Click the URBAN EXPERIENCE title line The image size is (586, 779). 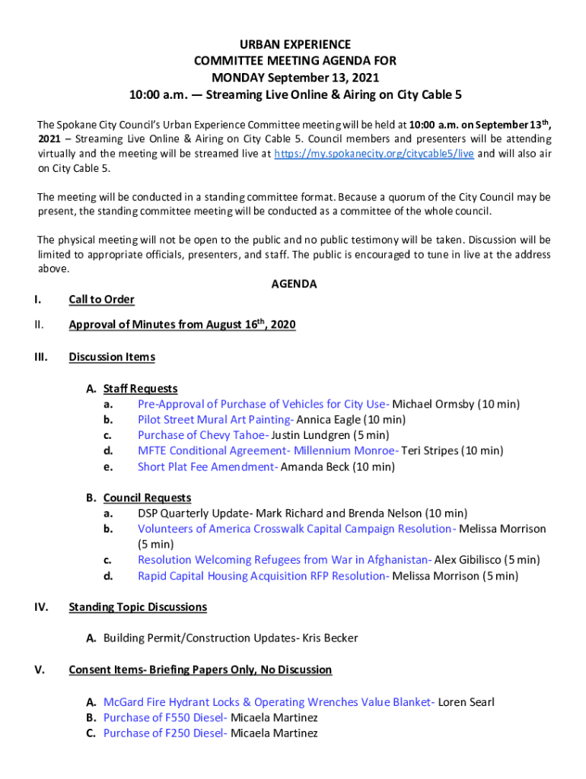293,45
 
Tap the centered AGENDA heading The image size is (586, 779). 294,284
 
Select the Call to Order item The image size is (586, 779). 101,300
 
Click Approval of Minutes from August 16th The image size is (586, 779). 182,325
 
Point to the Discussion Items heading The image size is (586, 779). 112,357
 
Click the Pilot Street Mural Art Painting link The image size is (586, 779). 215,420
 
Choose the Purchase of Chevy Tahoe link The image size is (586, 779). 202,435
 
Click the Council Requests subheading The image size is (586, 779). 147,498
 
